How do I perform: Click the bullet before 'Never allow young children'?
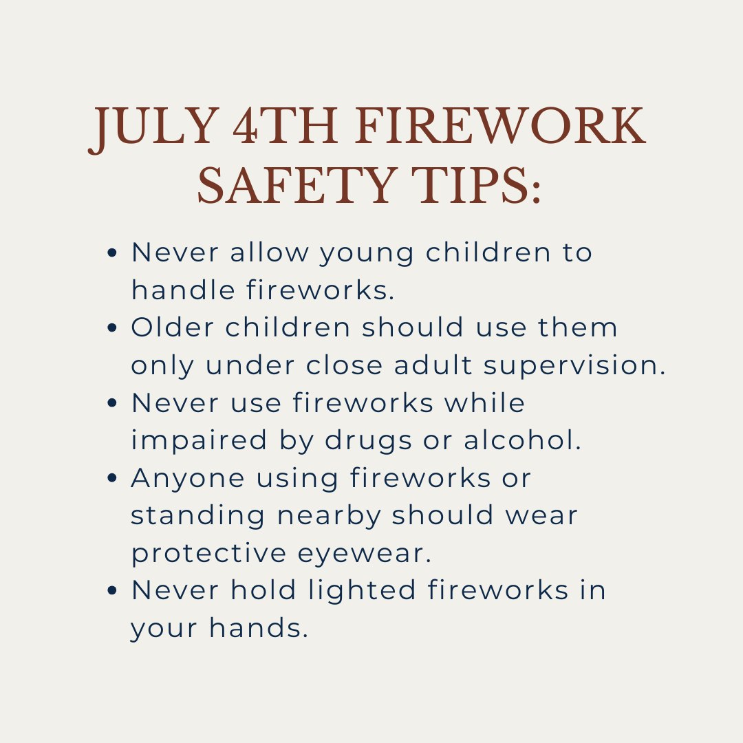[113, 253]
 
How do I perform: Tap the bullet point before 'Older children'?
[113, 328]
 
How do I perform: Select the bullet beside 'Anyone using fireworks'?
[113, 479]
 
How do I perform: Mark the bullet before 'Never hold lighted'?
[113, 591]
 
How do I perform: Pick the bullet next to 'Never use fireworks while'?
[113, 403]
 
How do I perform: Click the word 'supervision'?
[575, 367]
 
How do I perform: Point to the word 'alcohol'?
[522, 441]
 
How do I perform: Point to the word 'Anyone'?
[188, 479]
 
